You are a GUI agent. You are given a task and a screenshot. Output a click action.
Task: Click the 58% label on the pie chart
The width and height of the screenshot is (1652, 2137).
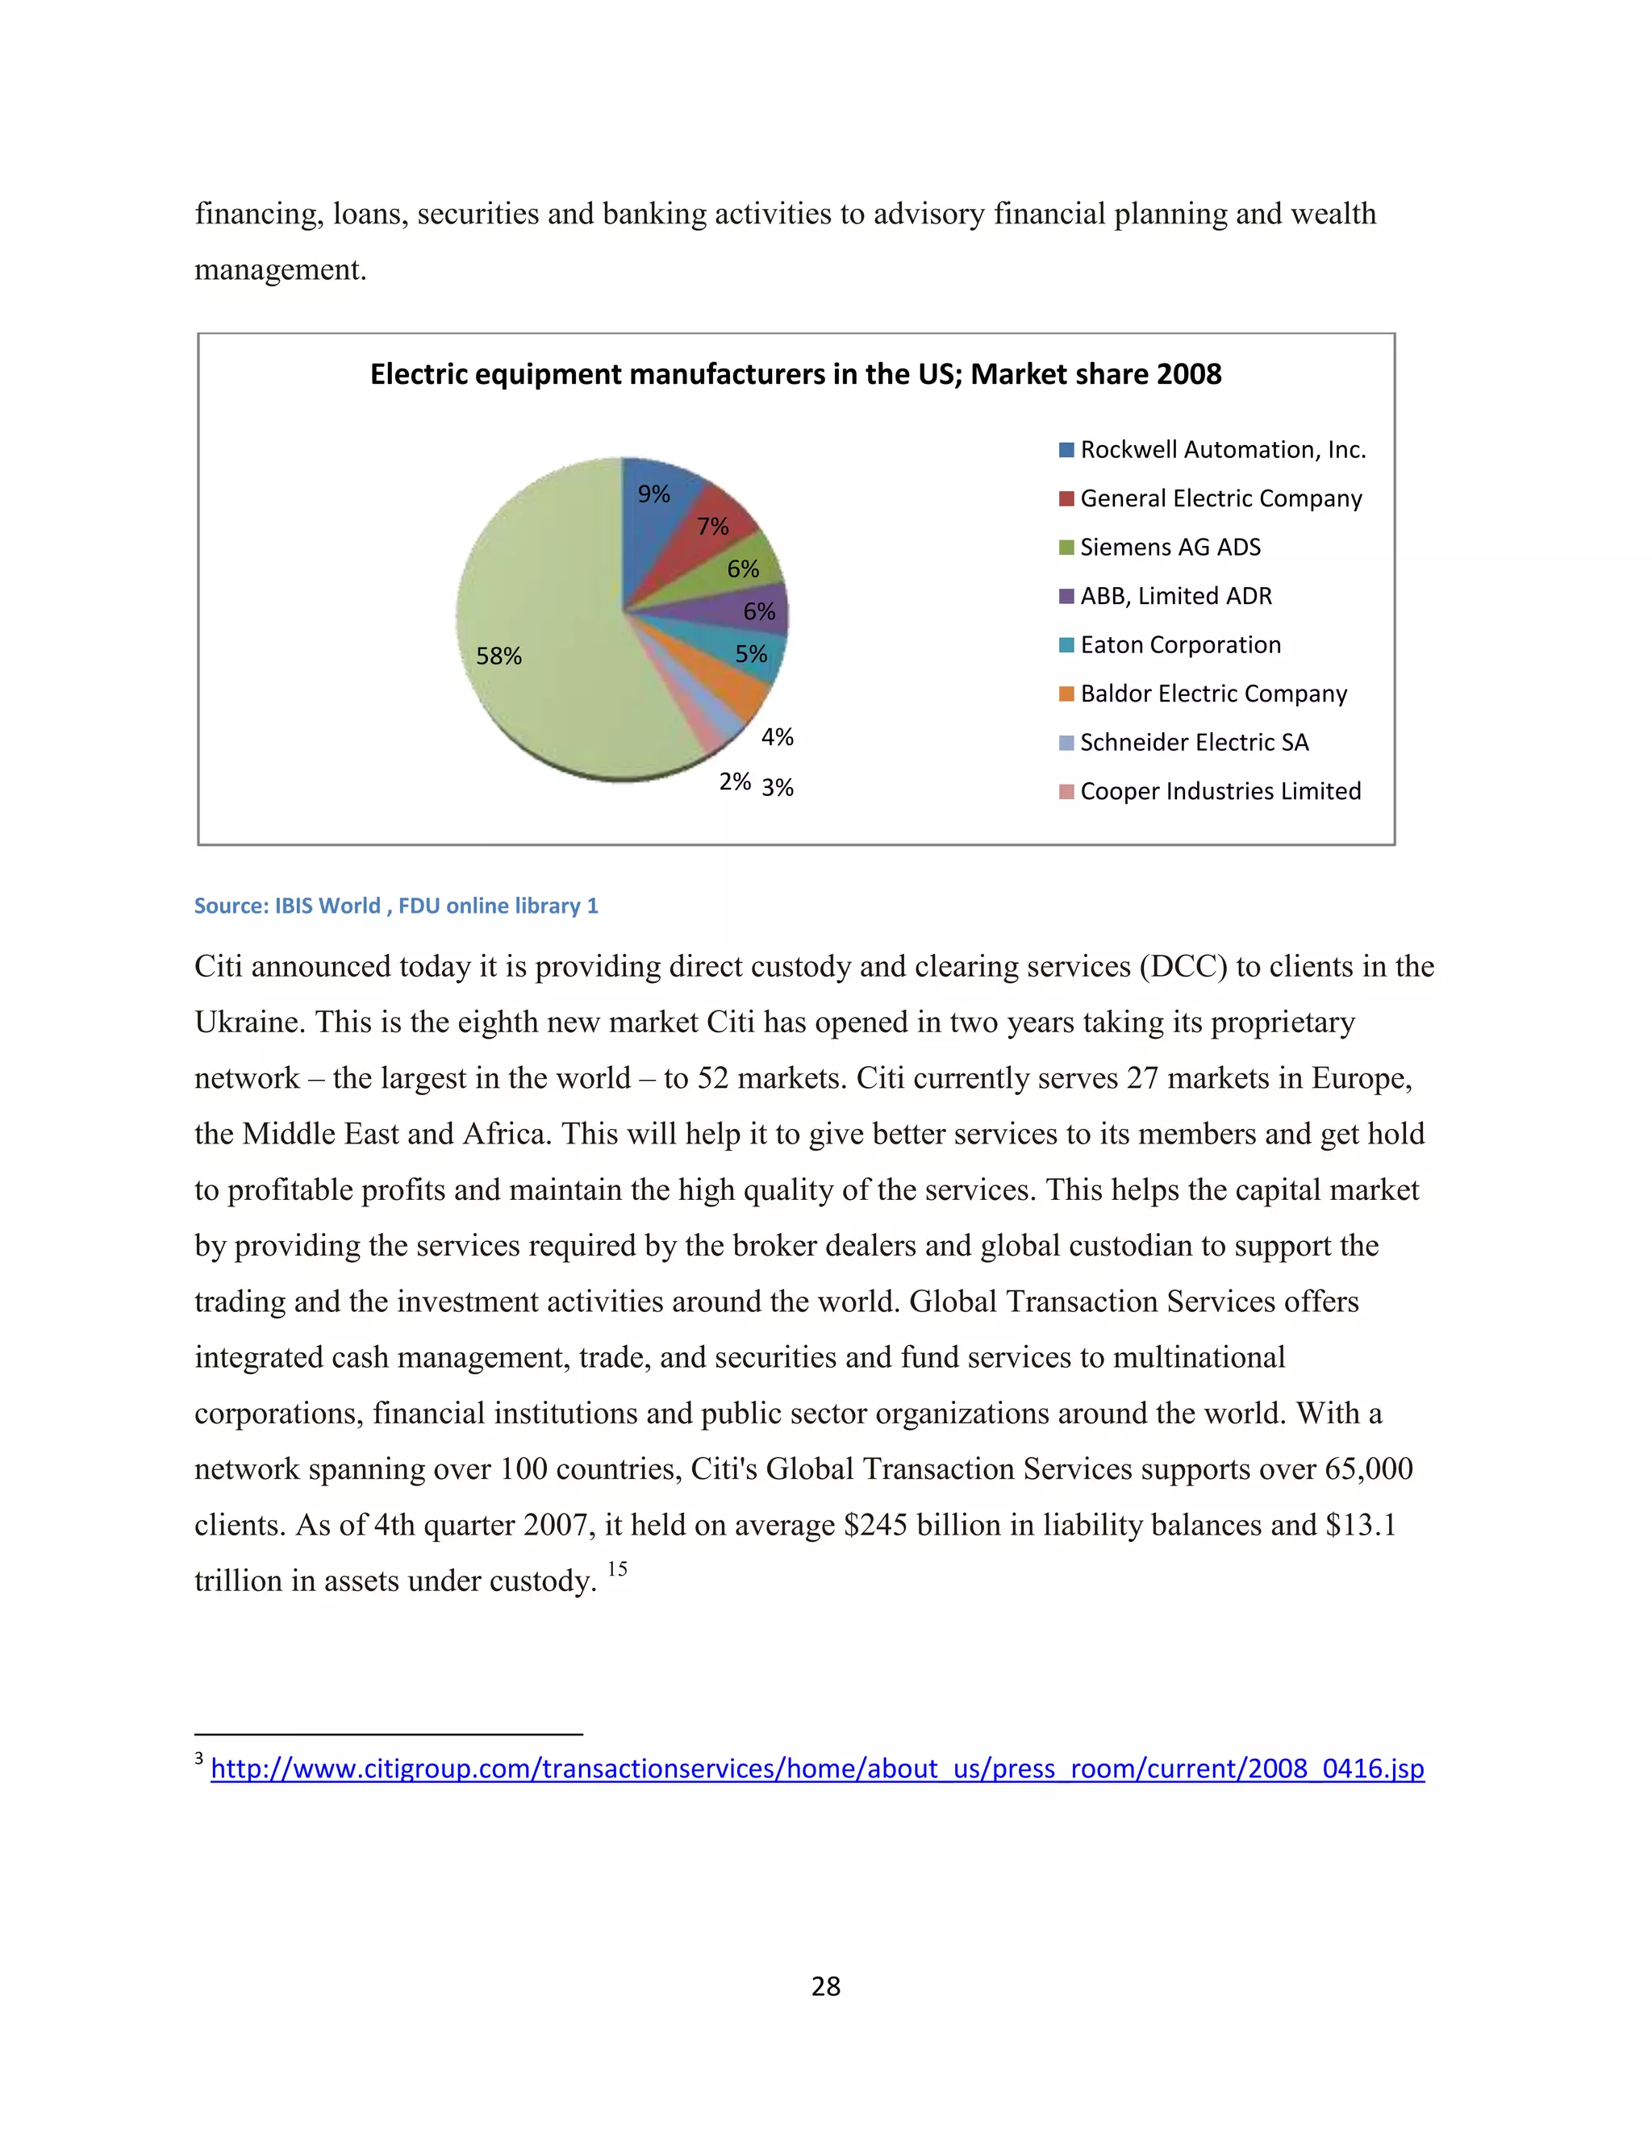499,656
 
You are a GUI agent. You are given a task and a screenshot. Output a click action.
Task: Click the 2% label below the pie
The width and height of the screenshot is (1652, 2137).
735,781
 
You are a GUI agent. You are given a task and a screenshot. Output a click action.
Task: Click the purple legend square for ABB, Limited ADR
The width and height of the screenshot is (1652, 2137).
1066,596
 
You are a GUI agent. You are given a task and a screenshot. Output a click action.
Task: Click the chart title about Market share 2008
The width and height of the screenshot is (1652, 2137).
795,374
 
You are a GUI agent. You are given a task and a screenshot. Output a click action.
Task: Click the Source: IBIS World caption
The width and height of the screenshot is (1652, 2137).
395,906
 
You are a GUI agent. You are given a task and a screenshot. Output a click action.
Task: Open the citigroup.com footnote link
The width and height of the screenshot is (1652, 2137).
817,1768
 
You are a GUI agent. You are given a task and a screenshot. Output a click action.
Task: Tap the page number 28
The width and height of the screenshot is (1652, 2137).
825,1985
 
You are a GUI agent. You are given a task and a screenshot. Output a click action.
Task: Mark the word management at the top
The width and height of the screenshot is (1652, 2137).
280,270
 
